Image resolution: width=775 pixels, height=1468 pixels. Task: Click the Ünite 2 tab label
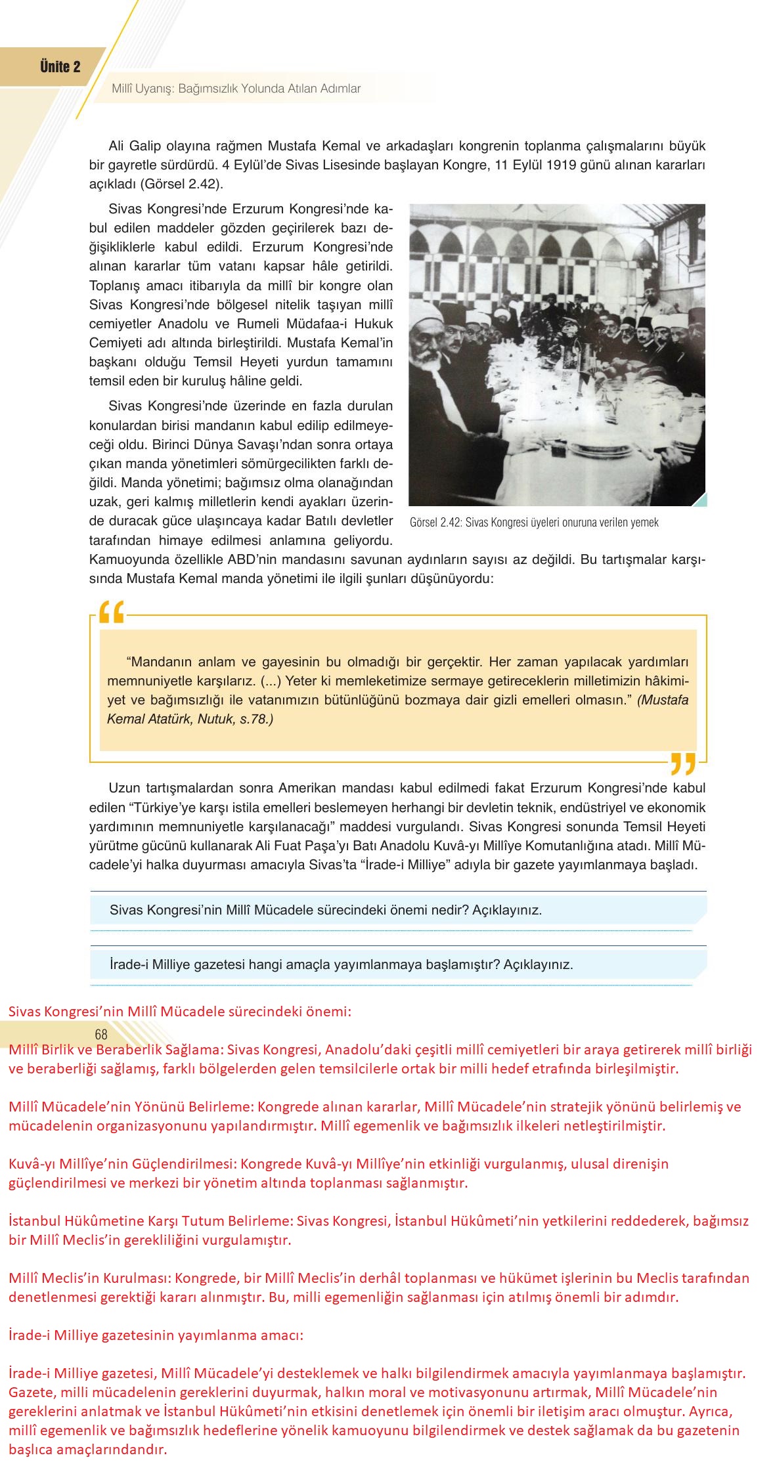(x=60, y=66)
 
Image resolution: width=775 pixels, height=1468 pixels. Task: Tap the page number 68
(x=100, y=1034)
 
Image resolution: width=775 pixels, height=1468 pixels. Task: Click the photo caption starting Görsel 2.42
(x=533, y=523)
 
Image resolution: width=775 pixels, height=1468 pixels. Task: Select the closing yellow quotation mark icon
(x=683, y=764)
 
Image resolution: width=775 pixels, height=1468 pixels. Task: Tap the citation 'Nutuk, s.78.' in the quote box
(x=234, y=719)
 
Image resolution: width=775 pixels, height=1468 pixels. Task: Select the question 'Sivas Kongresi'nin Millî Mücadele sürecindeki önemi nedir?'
(x=325, y=910)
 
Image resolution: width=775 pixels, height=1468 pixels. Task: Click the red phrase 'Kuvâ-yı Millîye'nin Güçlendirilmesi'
(x=121, y=1163)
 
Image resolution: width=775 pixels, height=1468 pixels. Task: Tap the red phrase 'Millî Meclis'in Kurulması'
(x=89, y=1278)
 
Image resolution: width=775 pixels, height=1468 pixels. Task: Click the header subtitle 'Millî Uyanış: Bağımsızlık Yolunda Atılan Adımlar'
(x=236, y=89)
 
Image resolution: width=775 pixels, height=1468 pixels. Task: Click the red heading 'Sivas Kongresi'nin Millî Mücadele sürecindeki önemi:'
(x=179, y=1011)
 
